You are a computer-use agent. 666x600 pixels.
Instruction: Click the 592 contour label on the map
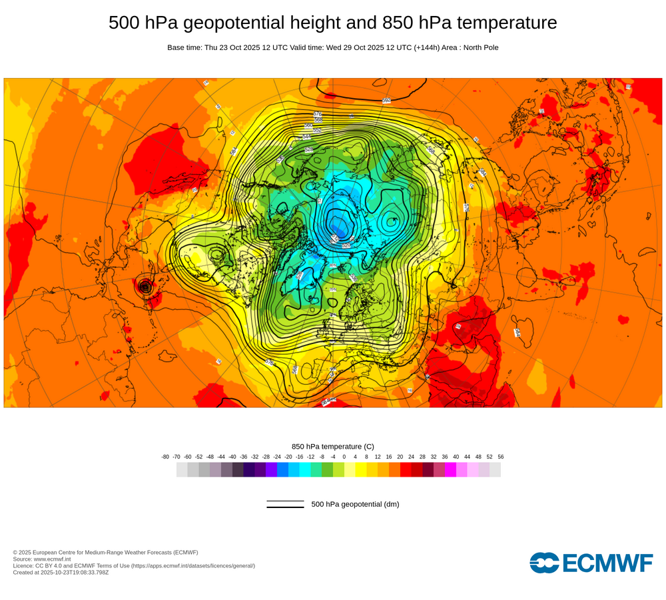click(x=386, y=101)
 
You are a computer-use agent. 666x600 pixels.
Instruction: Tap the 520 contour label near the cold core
click(x=346, y=245)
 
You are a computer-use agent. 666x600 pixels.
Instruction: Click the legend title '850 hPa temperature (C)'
click(x=333, y=446)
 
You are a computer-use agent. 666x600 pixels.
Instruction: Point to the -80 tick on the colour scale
click(x=165, y=457)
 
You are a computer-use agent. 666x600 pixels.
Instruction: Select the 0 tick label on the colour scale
click(x=344, y=457)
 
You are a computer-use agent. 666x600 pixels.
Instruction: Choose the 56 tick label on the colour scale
click(x=501, y=457)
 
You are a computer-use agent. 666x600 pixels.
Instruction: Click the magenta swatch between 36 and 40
click(x=450, y=470)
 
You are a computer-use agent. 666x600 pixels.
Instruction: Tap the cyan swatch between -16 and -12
click(x=305, y=470)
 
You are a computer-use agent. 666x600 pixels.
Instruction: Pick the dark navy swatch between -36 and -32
click(x=249, y=470)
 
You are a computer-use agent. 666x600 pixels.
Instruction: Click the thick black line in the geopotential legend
click(x=285, y=507)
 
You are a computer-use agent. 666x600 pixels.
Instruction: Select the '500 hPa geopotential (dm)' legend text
click(x=355, y=504)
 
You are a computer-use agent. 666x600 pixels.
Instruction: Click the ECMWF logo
click(x=591, y=563)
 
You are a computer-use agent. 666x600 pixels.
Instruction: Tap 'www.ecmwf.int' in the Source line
click(x=55, y=559)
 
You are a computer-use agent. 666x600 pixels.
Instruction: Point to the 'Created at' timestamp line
click(x=61, y=572)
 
